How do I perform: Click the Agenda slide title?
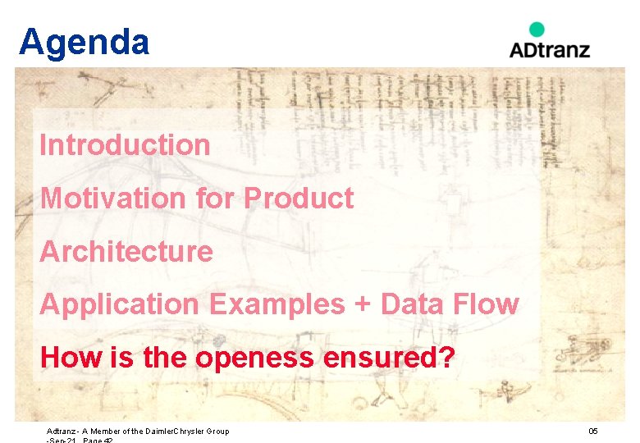click(x=84, y=42)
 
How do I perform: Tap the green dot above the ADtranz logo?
click(x=536, y=30)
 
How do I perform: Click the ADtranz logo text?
click(x=549, y=49)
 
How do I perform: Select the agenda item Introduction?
click(x=125, y=145)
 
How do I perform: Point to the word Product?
click(x=299, y=198)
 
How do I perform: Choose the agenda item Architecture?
click(x=126, y=251)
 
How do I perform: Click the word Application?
click(x=119, y=304)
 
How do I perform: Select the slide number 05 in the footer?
click(x=593, y=431)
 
